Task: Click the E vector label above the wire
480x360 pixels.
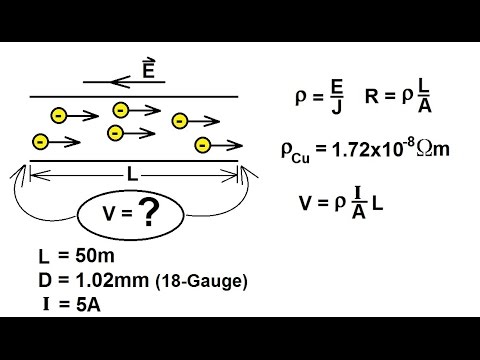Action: point(149,68)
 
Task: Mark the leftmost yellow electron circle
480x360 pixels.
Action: point(41,140)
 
